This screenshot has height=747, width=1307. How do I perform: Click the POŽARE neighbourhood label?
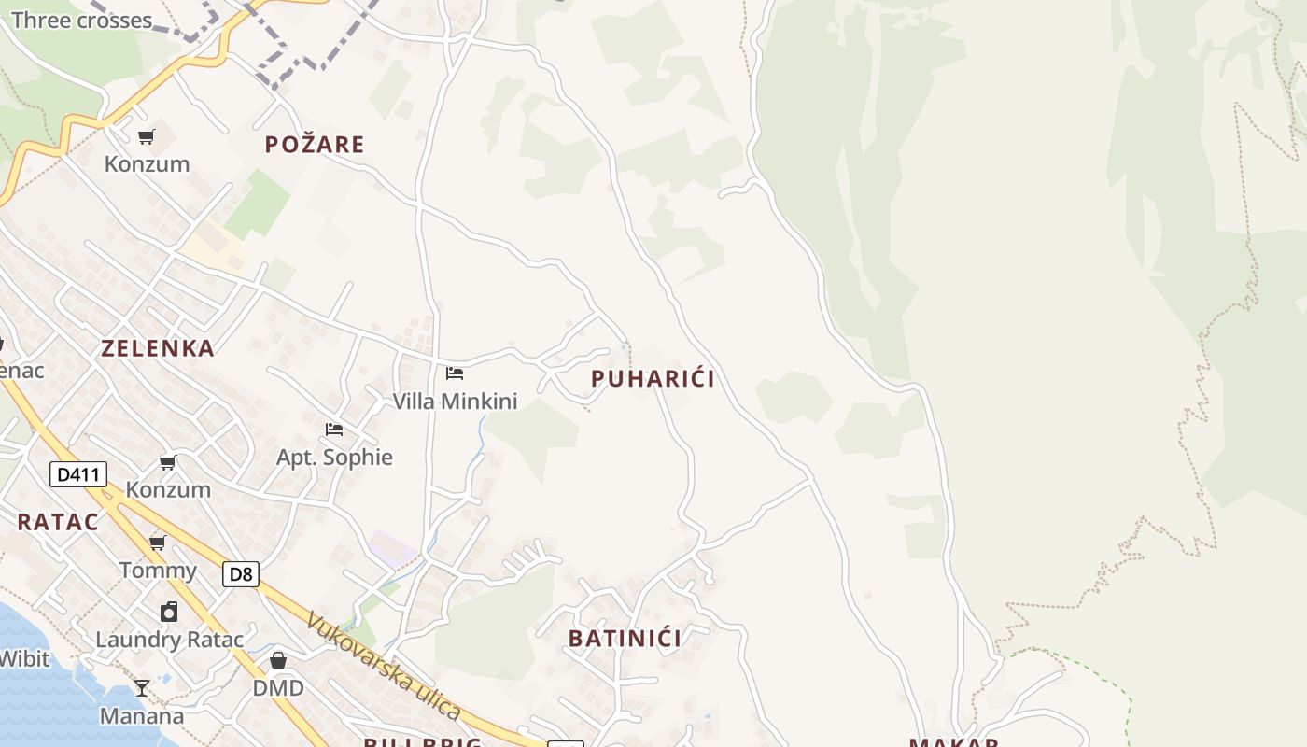[x=314, y=145]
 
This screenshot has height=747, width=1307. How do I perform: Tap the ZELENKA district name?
[x=158, y=348]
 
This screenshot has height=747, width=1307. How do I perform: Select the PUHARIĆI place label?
[x=653, y=378]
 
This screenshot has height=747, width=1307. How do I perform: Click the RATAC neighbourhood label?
[x=58, y=522]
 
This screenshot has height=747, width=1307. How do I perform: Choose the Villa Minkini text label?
[x=455, y=402]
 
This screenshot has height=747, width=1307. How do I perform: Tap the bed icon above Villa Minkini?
[x=455, y=373]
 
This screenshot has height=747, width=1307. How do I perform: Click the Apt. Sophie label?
[x=334, y=458]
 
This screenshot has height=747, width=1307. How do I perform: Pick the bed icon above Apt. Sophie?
[x=334, y=430]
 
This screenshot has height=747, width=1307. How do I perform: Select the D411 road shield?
[x=78, y=474]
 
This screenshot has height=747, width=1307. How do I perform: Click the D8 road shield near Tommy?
[x=241, y=573]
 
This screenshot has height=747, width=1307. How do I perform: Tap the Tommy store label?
[x=158, y=571]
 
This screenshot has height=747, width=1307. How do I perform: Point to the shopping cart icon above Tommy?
[x=158, y=543]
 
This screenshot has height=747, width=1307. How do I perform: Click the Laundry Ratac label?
[x=169, y=640]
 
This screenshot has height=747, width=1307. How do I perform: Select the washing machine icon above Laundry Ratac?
[x=169, y=612]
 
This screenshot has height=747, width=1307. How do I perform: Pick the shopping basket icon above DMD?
[x=278, y=661]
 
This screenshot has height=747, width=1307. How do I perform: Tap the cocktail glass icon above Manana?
[x=142, y=688]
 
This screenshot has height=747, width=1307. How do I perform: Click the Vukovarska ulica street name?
[x=384, y=666]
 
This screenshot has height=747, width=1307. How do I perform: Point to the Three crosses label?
[x=81, y=21]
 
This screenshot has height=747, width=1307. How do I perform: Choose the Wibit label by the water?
[x=24, y=658]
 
